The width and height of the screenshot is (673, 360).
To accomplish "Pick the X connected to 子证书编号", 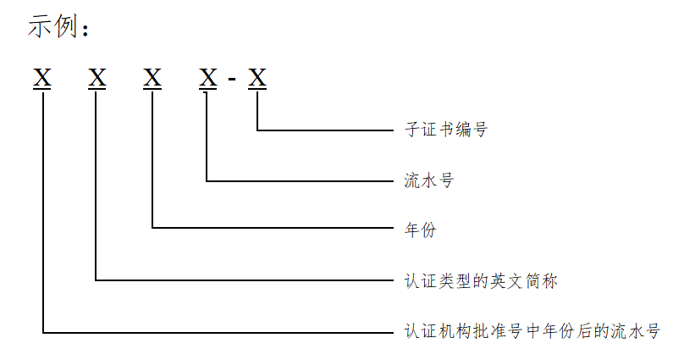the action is coord(257,79).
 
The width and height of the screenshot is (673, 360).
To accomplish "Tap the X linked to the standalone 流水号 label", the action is coord(207,79).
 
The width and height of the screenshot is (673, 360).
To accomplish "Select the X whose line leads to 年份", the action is coord(152,79).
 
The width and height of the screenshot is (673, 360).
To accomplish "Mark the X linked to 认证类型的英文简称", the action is coord(97,79).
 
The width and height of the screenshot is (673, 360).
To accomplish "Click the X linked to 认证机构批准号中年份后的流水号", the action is coord(42,79).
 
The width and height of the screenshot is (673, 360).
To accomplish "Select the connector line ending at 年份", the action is coord(271,228).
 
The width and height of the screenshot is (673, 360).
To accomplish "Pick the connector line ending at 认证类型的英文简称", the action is coord(245,279).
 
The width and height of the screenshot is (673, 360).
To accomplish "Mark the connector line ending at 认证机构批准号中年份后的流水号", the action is coord(220,332).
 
